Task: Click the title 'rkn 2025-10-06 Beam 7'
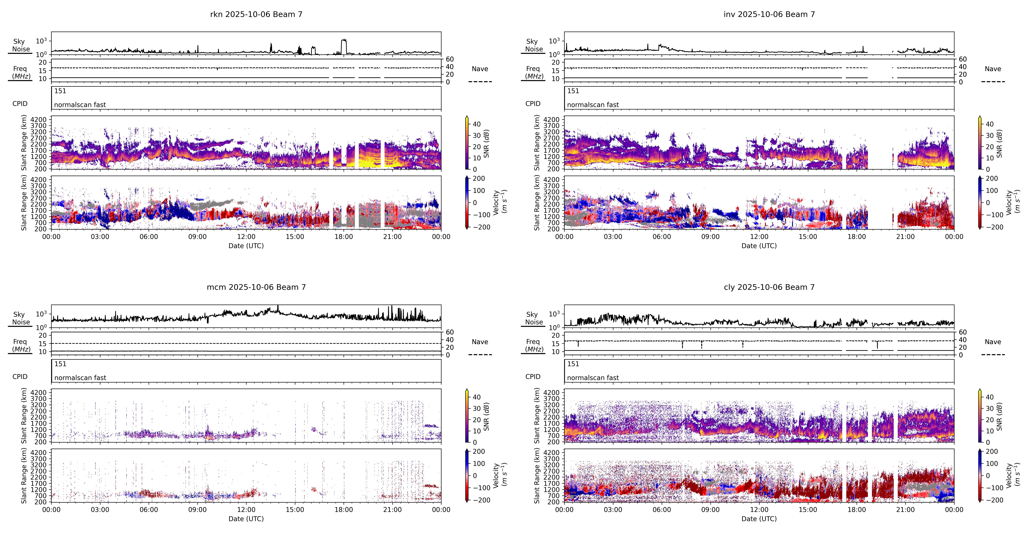click(256, 14)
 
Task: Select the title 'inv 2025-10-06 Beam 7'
click(769, 14)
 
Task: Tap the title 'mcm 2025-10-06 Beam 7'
click(256, 287)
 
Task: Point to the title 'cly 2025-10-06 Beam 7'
click(769, 287)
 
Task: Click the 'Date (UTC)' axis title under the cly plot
click(759, 518)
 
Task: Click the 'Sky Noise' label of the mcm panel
click(21, 318)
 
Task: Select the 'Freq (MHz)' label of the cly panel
click(534, 345)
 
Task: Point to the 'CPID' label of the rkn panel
click(20, 104)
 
